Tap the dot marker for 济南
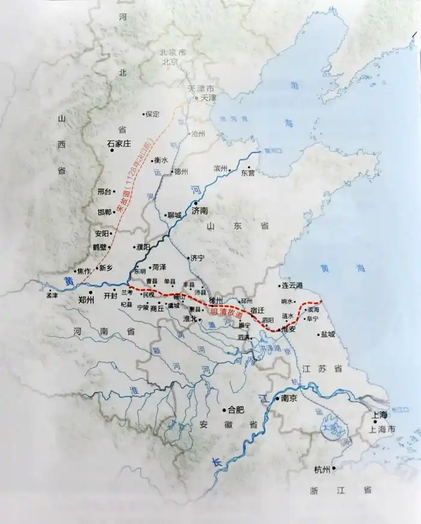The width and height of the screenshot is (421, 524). tap(195, 204)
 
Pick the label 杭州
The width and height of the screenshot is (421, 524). tap(322, 469)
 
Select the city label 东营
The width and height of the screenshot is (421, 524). tap(248, 173)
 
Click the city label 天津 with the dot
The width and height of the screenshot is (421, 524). tap(207, 97)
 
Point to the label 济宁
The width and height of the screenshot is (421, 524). tap(198, 258)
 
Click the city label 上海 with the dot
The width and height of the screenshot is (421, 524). tap(379, 415)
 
